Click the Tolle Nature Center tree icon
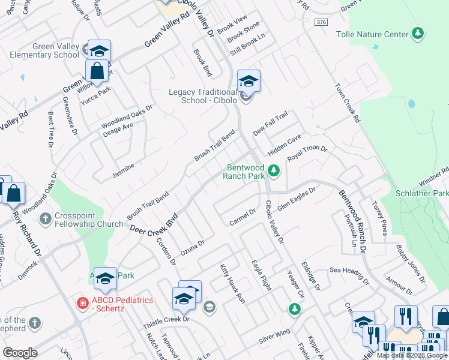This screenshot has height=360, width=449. (x=419, y=34)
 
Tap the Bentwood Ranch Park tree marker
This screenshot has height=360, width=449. (x=274, y=172)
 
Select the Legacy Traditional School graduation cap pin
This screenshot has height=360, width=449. (x=249, y=81)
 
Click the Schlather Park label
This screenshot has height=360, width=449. (x=422, y=194)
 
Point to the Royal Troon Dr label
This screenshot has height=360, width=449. (x=307, y=154)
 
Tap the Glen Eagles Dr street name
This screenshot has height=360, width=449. (x=296, y=197)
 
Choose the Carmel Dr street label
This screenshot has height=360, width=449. (x=243, y=220)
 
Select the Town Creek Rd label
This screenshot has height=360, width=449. (x=348, y=103)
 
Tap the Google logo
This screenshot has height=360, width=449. (x=20, y=353)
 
